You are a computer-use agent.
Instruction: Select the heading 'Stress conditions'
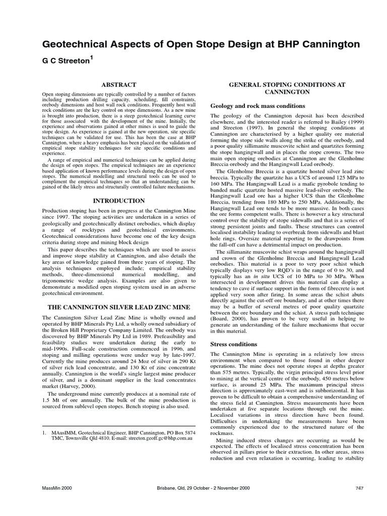[x=233, y=344]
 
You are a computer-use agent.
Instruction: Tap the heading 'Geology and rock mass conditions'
[x=257, y=106]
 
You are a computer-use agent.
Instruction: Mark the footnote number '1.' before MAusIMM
[x=44, y=432]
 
